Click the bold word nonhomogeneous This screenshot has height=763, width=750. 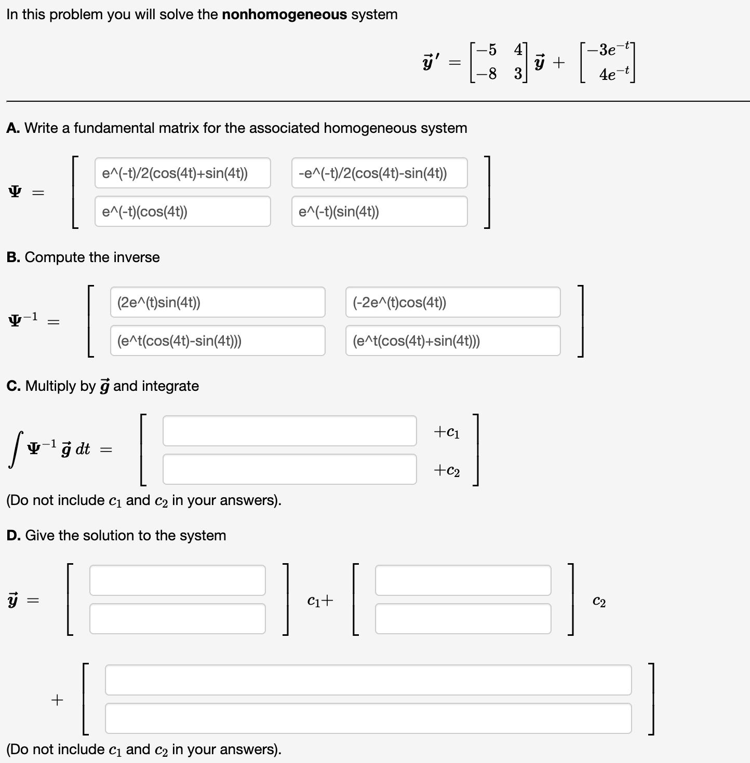coord(284,15)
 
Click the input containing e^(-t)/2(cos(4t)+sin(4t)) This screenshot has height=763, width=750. coord(182,173)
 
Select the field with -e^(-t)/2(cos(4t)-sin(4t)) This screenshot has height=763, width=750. coord(379,173)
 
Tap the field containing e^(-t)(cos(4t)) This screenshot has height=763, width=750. coord(182,211)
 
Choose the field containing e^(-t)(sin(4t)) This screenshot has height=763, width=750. coord(379,211)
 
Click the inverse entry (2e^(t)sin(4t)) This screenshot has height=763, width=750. coord(217,302)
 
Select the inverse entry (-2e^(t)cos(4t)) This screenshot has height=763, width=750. coord(452,302)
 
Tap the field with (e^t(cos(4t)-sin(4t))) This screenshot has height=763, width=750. coord(217,340)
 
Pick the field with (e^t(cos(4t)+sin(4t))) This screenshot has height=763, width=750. coord(452,340)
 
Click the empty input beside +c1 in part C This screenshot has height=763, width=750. coord(289,431)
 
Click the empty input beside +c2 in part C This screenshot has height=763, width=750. coord(289,469)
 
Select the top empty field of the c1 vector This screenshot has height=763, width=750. coord(177,580)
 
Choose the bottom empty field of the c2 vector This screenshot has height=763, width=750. coord(463,619)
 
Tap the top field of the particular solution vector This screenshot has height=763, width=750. coord(368,680)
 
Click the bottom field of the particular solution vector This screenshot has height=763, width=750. coord(368,718)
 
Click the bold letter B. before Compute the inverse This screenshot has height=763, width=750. coord(14,257)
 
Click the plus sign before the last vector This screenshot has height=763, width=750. coord(57,700)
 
